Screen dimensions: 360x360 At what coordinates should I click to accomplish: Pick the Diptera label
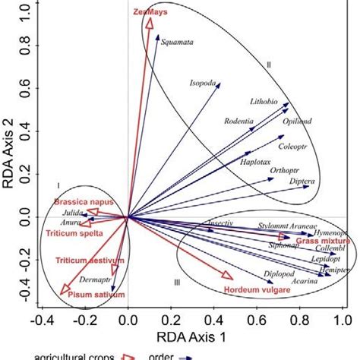pyautogui.click(x=301, y=183)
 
